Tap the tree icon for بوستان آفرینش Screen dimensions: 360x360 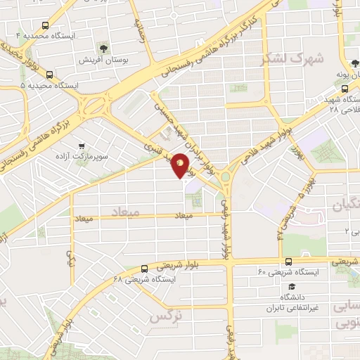click(104, 48)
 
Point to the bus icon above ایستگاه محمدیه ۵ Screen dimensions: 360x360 click(49, 73)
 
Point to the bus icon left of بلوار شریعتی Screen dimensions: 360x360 click(144, 269)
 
